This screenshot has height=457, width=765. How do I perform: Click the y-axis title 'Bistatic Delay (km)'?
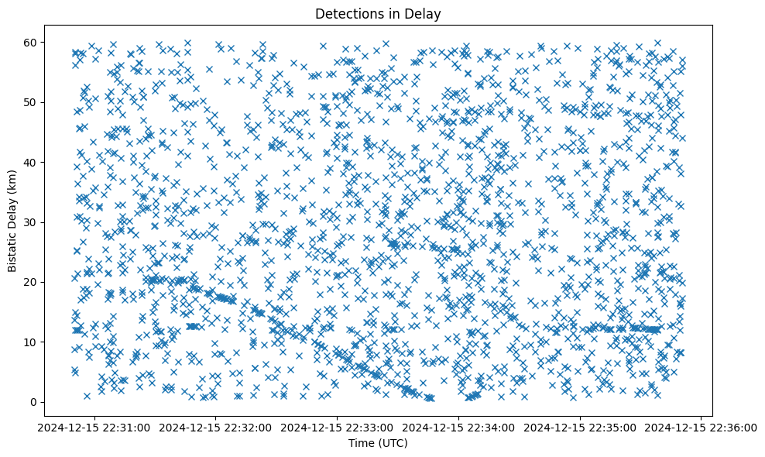[12, 220]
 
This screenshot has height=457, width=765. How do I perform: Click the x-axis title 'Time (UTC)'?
[378, 443]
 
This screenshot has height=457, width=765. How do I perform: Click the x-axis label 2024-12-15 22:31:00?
[94, 427]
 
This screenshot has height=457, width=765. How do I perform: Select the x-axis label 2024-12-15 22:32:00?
[215, 427]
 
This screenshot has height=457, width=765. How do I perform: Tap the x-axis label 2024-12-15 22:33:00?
[337, 427]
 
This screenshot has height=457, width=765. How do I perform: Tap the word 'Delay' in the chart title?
[426, 13]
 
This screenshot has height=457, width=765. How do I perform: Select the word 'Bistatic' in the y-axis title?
[12, 249]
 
